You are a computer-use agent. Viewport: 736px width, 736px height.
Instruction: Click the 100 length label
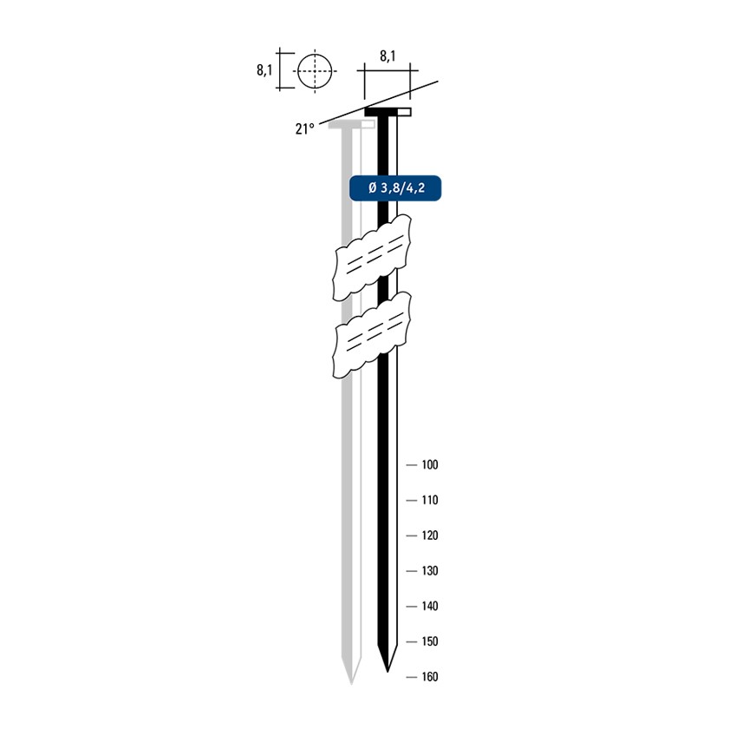click(x=429, y=465)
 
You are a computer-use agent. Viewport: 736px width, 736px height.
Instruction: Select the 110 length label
click(x=429, y=500)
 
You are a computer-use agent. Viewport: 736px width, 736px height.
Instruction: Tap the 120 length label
click(x=429, y=536)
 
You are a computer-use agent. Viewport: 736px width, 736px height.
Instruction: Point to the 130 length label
click(x=429, y=570)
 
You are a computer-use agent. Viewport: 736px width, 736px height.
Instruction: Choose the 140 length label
click(x=429, y=606)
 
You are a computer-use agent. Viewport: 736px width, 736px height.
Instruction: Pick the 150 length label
click(x=429, y=641)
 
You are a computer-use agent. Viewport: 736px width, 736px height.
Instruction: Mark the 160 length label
click(x=429, y=676)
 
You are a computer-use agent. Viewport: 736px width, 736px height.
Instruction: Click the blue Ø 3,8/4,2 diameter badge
click(x=395, y=188)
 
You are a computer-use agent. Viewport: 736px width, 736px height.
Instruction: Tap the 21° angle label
click(x=304, y=128)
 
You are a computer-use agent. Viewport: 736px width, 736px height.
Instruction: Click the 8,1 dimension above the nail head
click(x=388, y=56)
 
